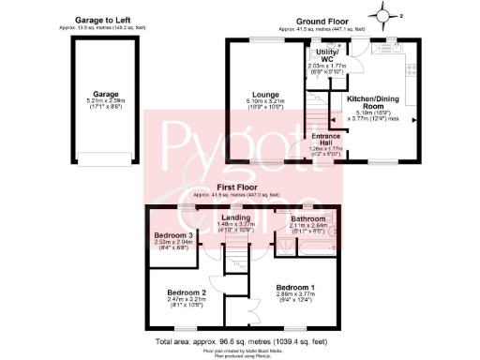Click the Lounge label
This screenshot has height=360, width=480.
click(263, 96)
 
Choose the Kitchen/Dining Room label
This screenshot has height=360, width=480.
click(376, 102)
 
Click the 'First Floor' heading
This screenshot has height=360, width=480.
click(240, 188)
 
